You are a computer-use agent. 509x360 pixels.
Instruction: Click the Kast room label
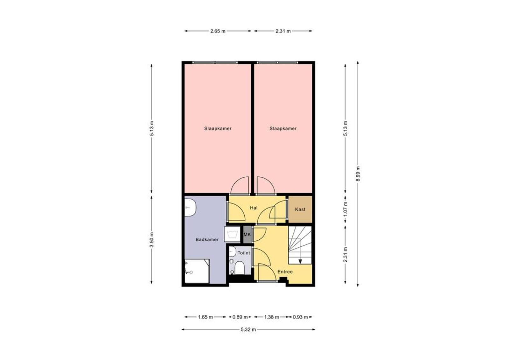tap(300, 209)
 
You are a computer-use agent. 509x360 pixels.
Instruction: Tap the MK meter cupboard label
tap(247, 234)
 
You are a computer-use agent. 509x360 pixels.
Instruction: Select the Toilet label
tap(244, 253)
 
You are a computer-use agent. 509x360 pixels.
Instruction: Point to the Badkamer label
tap(207, 239)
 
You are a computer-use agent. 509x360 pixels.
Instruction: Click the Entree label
tap(285, 272)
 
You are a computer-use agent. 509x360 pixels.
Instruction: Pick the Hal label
tap(254, 208)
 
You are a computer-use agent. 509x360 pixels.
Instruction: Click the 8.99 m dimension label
tap(358, 174)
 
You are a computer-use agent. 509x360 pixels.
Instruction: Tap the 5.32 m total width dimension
tap(248, 329)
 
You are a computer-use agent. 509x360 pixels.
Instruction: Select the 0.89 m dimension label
tap(240, 317)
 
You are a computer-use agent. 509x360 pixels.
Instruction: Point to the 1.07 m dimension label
tap(345, 209)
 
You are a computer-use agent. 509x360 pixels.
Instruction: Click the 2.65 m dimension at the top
tap(218, 31)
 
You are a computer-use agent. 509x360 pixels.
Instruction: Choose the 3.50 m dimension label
tap(152, 240)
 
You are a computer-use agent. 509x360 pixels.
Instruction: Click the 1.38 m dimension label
tap(272, 317)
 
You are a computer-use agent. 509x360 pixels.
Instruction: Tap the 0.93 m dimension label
tap(300, 317)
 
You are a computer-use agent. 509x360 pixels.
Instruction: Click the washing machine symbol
tap(232, 234)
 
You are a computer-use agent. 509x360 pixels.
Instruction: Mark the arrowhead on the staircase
tap(300, 262)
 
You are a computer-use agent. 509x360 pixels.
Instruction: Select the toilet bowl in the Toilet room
tap(240, 268)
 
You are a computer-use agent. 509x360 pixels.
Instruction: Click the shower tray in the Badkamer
tap(197, 271)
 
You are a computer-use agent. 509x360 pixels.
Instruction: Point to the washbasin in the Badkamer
tap(190, 208)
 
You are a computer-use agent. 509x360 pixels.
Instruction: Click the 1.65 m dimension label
tap(206, 317)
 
